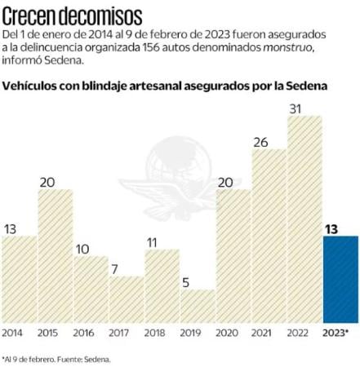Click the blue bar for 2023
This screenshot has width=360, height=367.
[340, 279]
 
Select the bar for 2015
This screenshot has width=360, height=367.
[55, 255]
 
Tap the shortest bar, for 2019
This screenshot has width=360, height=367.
[198, 306]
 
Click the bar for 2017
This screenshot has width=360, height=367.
[127, 298]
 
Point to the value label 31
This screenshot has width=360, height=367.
[304, 108]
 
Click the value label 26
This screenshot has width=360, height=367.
[269, 141]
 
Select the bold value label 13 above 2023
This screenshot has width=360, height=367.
[340, 228]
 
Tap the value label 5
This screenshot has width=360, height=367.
[198, 282]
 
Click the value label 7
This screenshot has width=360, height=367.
[127, 268]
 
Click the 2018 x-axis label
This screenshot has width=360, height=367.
[162, 333]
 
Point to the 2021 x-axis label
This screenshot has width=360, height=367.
[269, 333]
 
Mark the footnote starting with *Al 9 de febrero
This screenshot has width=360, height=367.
[56, 358]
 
